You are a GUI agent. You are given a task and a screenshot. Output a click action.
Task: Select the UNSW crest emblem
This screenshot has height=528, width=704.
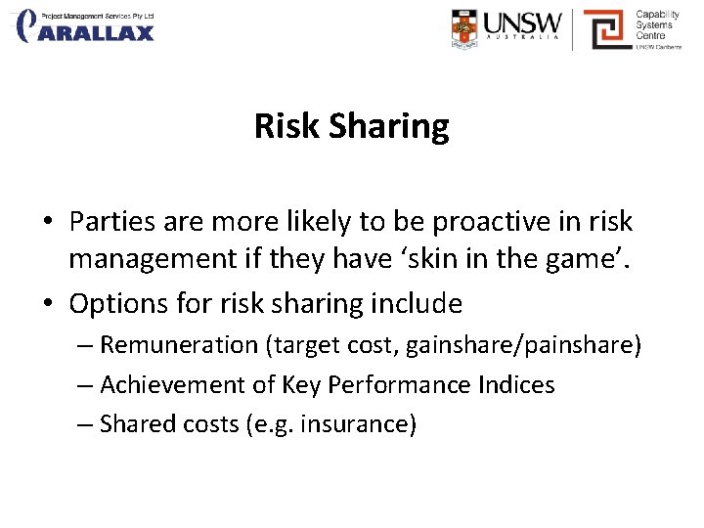tap(465, 28)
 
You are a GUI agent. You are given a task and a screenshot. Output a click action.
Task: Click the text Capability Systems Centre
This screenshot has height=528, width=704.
tap(657, 26)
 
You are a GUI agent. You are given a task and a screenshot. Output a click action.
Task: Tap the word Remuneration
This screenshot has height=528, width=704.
tap(178, 344)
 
